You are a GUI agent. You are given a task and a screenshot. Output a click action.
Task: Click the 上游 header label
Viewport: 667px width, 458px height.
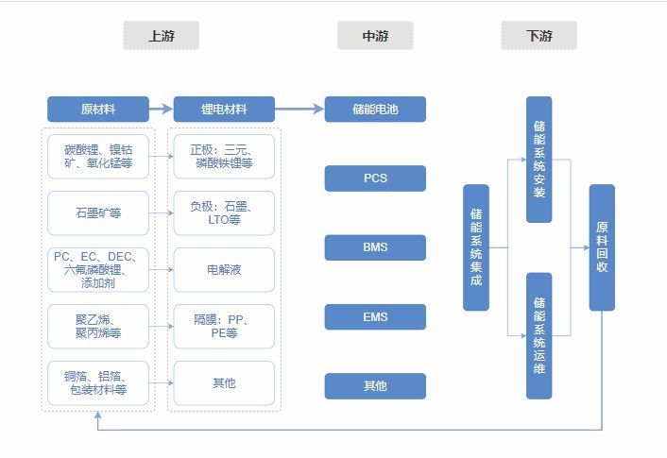click(x=161, y=37)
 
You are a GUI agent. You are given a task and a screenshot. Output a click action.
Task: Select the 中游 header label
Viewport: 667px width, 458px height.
click(x=375, y=37)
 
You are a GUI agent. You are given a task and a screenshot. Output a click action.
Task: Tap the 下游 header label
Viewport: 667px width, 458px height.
click(x=539, y=37)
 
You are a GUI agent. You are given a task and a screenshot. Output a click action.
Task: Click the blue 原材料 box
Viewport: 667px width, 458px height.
click(x=98, y=110)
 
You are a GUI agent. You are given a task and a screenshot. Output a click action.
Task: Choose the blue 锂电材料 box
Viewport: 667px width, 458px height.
click(x=224, y=110)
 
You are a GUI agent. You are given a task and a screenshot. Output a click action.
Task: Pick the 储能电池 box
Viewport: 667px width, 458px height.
click(x=375, y=110)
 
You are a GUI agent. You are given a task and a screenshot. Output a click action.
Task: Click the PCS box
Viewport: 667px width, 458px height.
click(x=375, y=178)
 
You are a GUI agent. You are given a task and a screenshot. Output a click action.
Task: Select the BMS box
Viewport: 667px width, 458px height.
click(x=375, y=247)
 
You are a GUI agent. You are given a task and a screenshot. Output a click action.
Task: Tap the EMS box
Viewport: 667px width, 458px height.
click(x=375, y=317)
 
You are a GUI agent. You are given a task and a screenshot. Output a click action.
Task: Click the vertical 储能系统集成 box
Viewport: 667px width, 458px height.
click(x=476, y=247)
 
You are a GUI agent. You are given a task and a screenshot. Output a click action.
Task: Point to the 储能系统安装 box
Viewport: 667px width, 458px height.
click(x=539, y=160)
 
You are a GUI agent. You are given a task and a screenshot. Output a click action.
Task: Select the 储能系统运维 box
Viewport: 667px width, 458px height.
click(x=539, y=335)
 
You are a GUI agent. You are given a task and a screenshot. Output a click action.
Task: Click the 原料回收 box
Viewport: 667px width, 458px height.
click(x=602, y=247)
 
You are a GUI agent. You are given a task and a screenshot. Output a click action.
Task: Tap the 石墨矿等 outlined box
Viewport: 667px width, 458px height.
click(x=98, y=213)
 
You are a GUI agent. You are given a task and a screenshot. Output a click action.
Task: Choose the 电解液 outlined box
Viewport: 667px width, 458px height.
click(x=224, y=270)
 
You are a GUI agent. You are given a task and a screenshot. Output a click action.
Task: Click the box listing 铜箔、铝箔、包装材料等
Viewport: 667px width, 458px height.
click(x=98, y=383)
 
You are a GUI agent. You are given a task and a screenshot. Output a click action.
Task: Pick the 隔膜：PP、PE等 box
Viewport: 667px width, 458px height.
click(x=224, y=327)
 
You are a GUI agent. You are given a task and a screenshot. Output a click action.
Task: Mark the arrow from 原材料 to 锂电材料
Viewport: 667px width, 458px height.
click(x=162, y=110)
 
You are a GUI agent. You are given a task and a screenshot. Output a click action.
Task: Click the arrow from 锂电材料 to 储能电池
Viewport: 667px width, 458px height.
click(x=299, y=110)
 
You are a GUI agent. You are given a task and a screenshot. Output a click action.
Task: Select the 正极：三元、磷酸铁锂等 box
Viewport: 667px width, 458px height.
click(x=224, y=157)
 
